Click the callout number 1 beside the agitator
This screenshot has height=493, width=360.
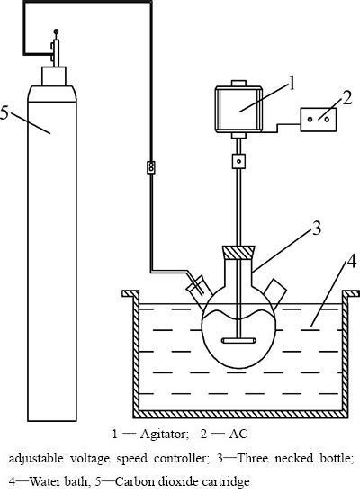coord(292,84)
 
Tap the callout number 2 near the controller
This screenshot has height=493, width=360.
coord(346,98)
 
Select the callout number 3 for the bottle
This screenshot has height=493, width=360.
coord(316,228)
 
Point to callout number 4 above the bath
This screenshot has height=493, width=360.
coord(352,261)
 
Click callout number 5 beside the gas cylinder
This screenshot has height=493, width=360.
coord(4,112)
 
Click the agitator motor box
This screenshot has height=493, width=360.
coord(238,109)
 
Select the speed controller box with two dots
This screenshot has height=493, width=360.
coord(319,120)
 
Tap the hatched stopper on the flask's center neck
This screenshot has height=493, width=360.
coord(239,252)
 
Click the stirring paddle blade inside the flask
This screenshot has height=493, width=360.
coord(239,340)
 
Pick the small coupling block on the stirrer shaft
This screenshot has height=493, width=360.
coord(239,161)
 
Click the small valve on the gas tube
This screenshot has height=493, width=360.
coord(151,167)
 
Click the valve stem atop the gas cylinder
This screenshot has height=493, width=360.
coord(56,48)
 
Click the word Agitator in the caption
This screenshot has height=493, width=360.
coord(164,435)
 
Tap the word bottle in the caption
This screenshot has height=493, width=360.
coord(336,458)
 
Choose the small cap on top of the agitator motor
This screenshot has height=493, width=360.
coord(239,83)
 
